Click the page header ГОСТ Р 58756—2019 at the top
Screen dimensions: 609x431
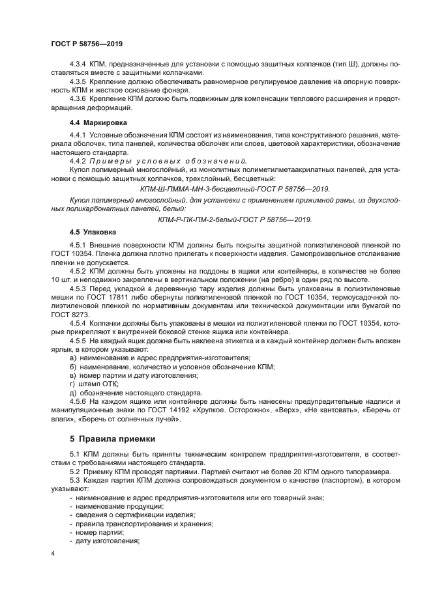[86, 43]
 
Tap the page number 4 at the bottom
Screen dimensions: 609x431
[53, 553]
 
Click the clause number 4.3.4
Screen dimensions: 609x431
[79, 65]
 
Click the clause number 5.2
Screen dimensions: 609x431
[74, 470]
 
